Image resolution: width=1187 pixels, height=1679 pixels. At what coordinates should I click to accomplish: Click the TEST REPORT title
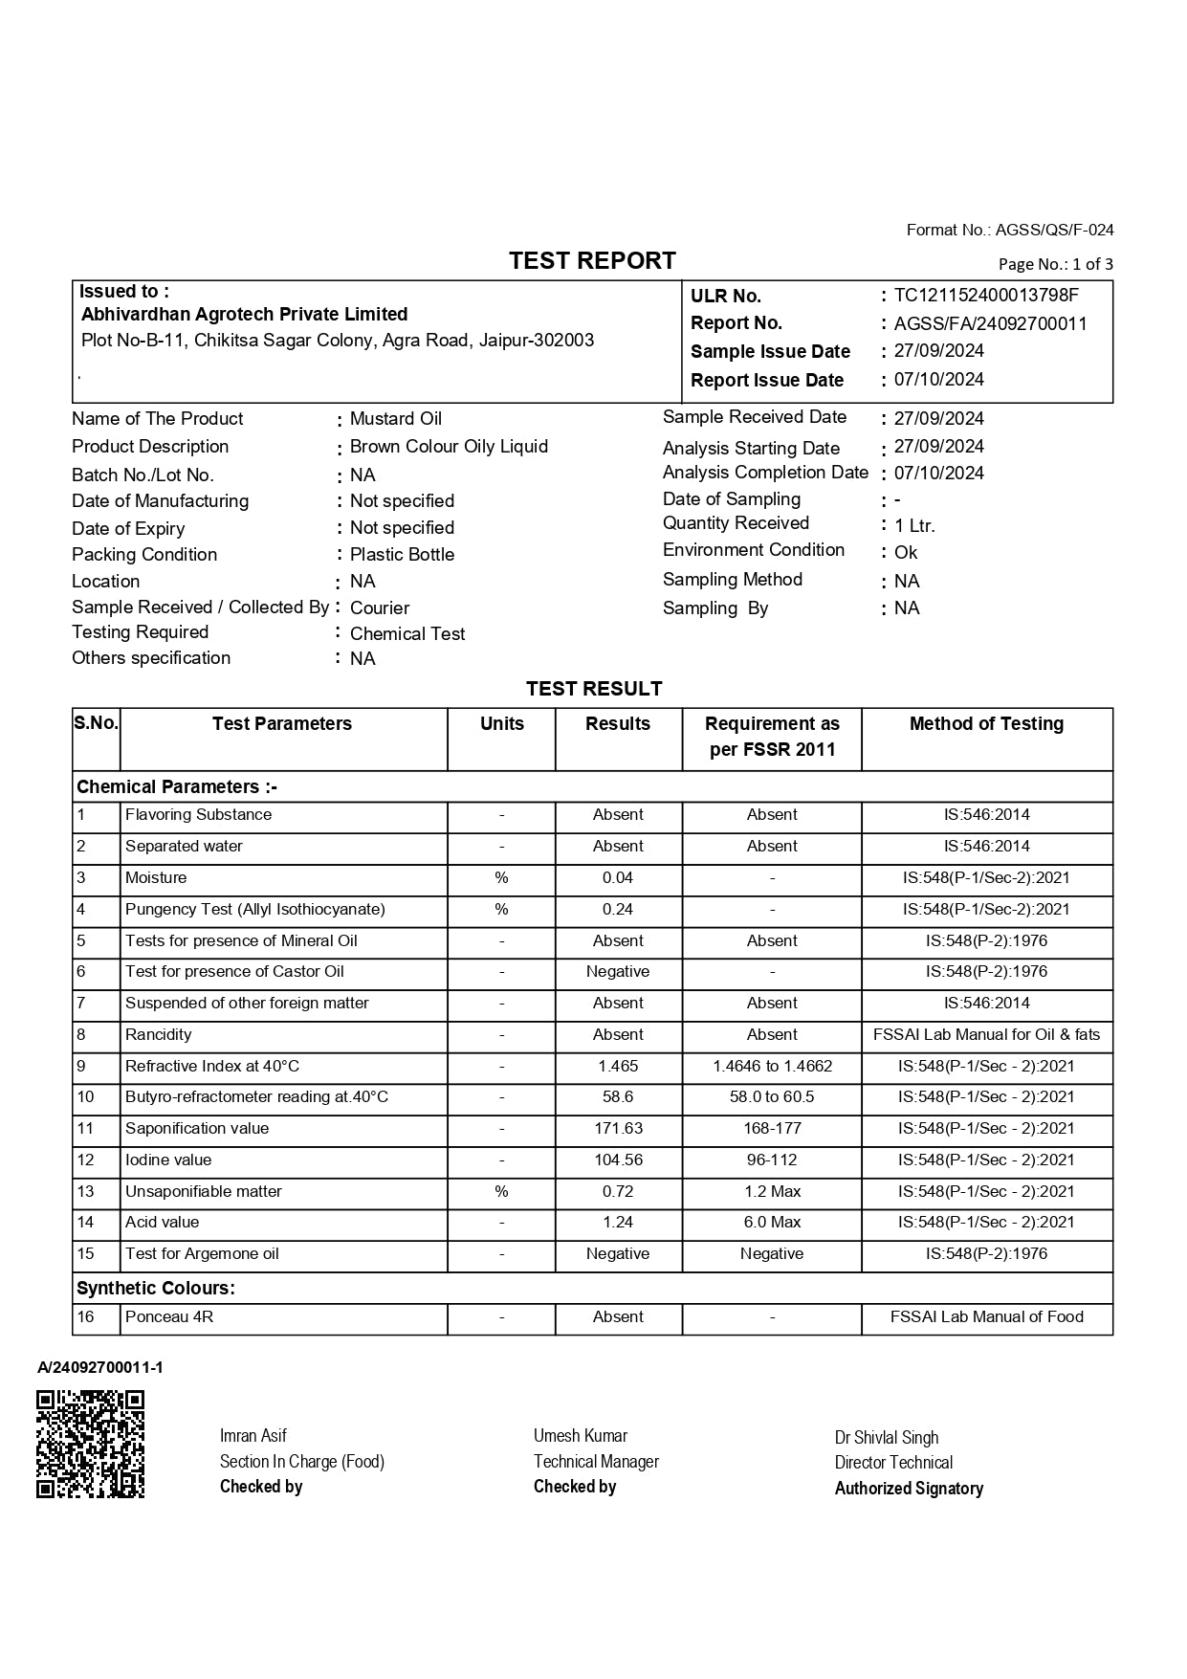pos(592,261)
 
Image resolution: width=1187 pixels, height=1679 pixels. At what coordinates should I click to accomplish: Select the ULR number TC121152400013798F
pos(986,296)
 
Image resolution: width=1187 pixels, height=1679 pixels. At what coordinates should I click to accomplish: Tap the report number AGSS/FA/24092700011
pos(990,323)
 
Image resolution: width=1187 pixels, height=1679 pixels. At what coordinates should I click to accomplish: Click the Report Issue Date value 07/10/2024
pos(938,380)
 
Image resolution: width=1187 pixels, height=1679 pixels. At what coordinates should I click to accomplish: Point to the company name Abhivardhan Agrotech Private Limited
pos(244,315)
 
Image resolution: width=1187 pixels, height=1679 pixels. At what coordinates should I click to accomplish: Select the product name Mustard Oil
pos(396,419)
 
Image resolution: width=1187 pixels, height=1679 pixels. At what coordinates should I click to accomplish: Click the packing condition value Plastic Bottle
pos(402,555)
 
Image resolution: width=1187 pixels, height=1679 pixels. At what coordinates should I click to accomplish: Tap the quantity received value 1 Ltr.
pos(914,525)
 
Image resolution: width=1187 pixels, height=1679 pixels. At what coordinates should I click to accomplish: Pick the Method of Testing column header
pos(986,724)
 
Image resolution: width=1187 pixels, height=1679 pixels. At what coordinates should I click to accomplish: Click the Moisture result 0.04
pos(618,878)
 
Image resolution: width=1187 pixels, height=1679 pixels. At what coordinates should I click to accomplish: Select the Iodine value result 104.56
pos(618,1160)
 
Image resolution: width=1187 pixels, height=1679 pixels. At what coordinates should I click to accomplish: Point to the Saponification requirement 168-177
pos(772,1129)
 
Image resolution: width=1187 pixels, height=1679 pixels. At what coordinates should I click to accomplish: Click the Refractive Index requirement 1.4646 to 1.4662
pos(772,1067)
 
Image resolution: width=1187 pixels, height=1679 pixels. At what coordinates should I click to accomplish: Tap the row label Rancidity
pos(158,1035)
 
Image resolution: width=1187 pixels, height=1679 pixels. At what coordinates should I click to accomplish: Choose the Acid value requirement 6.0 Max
pos(772,1223)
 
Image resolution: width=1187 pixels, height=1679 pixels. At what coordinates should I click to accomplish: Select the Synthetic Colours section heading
pos(156,1289)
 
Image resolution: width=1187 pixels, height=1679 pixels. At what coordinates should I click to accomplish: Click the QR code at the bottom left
pos(91,1444)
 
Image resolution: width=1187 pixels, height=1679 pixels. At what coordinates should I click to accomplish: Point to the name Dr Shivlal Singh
pos(886,1438)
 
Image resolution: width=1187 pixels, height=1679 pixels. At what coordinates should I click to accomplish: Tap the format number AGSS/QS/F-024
pos(1054,230)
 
